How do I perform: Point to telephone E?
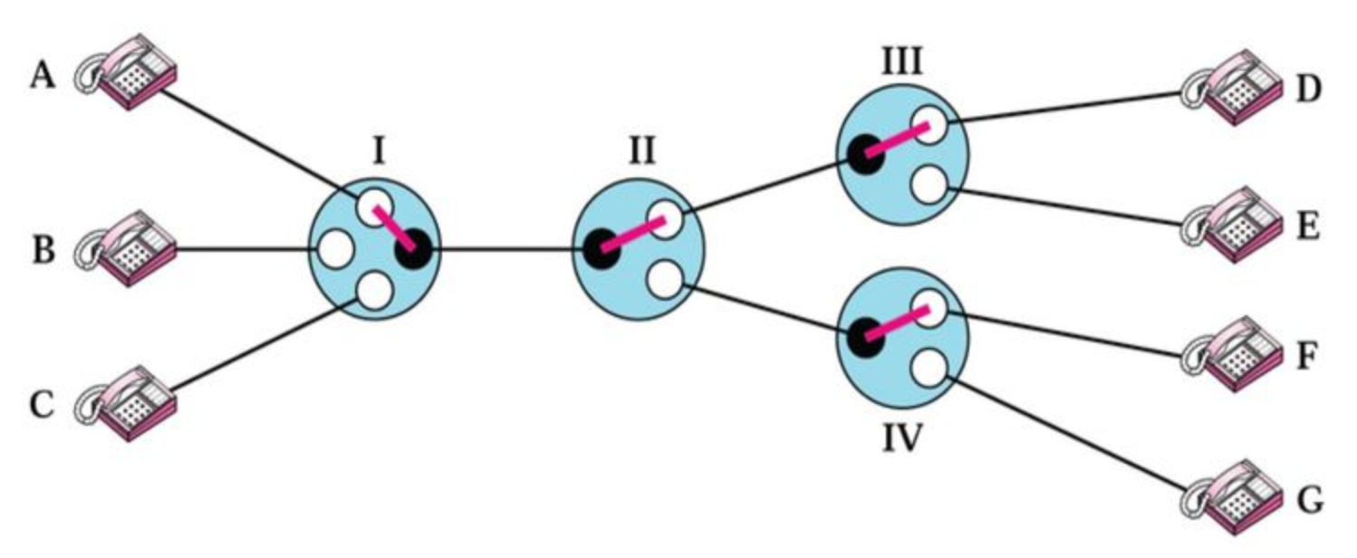(x=1231, y=226)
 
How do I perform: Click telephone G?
(x=1231, y=497)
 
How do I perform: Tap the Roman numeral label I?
(x=378, y=150)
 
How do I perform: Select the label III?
(x=902, y=63)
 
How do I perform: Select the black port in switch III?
(x=866, y=152)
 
